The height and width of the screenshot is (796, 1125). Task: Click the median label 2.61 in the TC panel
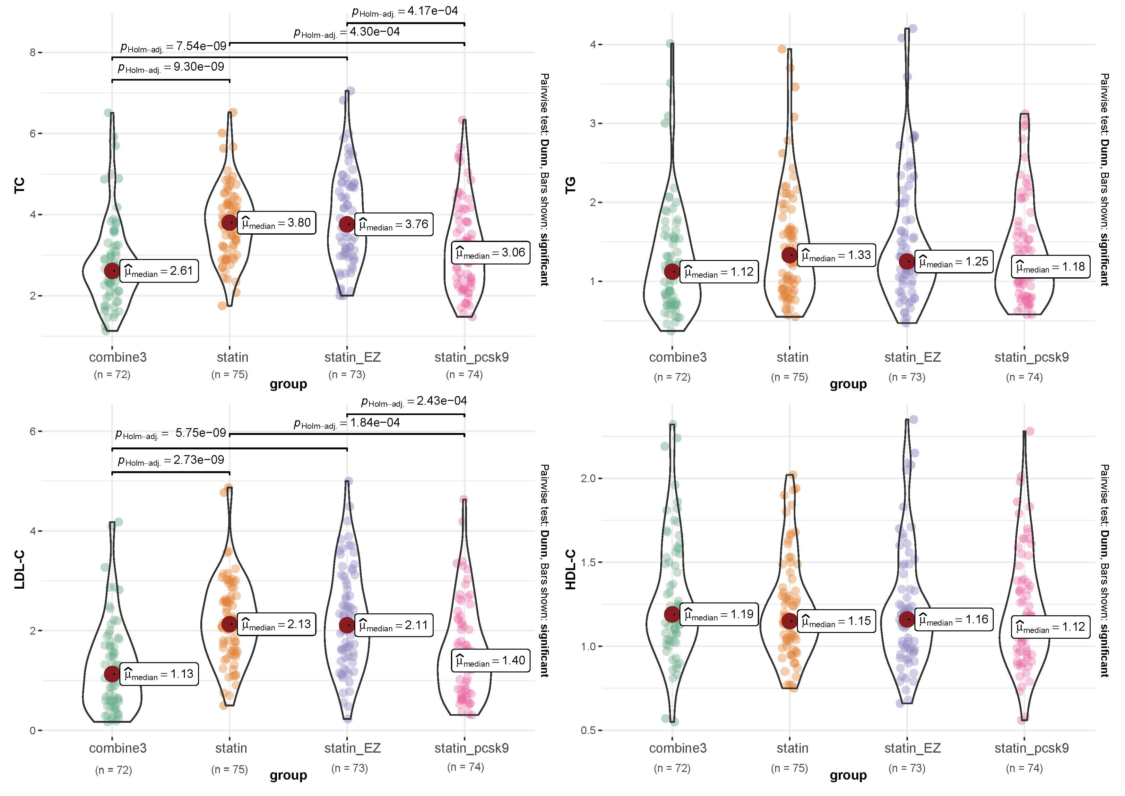(159, 271)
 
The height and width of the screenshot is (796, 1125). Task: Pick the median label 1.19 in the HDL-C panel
(719, 615)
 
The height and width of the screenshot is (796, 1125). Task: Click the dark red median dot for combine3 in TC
(112, 271)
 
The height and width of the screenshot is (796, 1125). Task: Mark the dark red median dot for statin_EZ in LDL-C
(347, 625)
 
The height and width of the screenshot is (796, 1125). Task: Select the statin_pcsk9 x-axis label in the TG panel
(1031, 357)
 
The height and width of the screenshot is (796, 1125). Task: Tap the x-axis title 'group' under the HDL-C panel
(848, 775)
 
